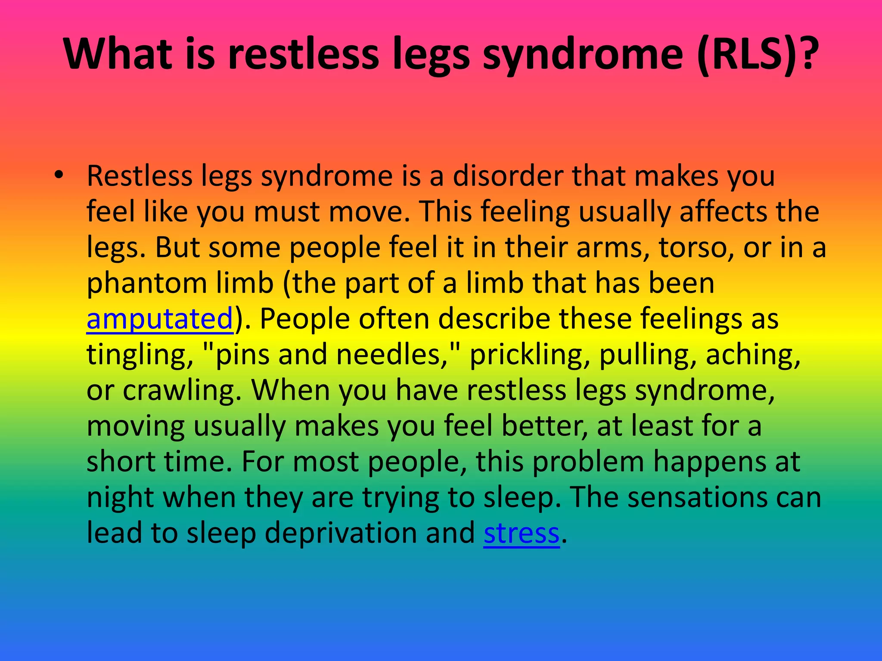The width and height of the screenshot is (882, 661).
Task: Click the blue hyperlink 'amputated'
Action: (x=160, y=319)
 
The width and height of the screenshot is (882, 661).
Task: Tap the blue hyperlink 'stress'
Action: (x=521, y=533)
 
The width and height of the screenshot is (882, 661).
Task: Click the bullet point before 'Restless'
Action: (x=59, y=175)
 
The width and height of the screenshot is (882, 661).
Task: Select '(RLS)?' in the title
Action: (x=758, y=54)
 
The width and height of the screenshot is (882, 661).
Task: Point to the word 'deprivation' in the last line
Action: (x=340, y=533)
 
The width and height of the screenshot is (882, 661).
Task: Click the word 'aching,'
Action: (x=753, y=355)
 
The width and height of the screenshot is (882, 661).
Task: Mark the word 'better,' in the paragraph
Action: (x=544, y=426)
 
